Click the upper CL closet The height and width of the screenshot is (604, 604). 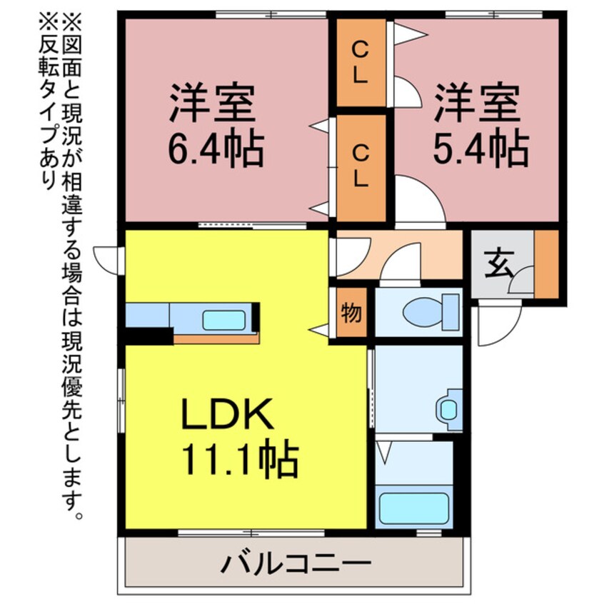361,63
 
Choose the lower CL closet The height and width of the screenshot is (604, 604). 361,166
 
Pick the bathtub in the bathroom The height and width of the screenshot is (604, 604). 415,505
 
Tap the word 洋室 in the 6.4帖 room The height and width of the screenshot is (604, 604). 212,104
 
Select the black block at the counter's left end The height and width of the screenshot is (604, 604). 149,335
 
